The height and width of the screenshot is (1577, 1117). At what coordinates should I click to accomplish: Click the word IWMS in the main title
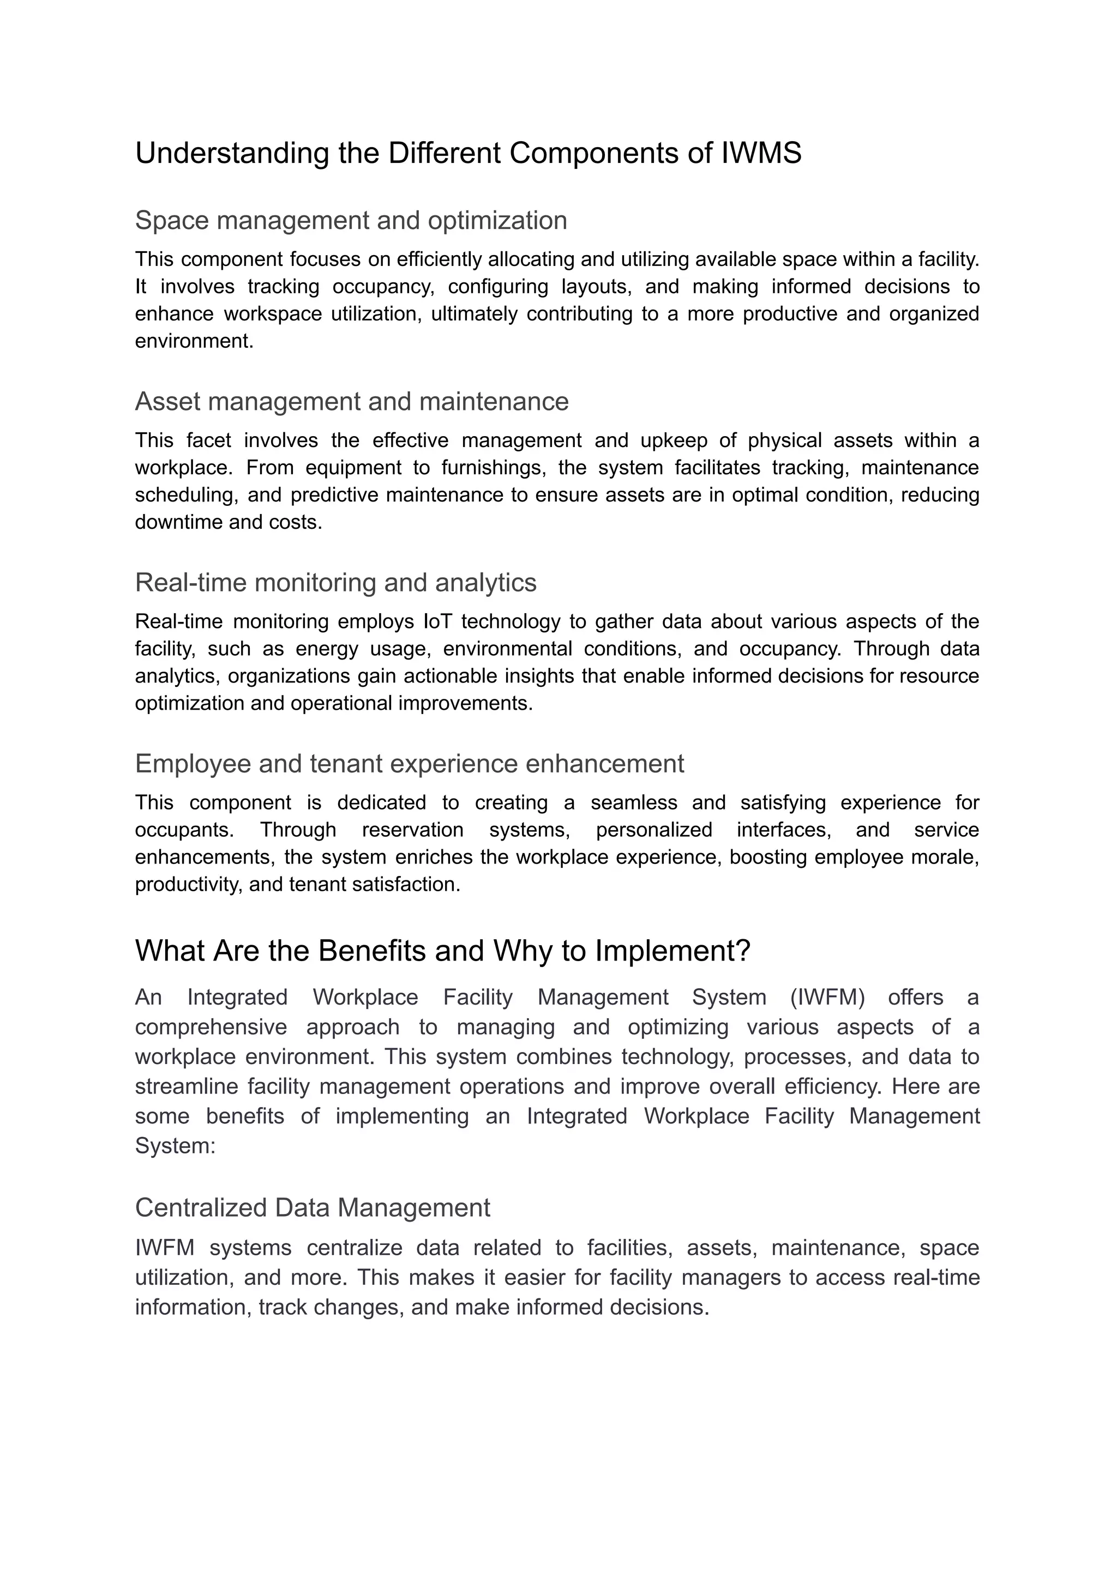tap(761, 153)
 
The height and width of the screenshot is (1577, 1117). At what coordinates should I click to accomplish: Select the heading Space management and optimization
tap(351, 221)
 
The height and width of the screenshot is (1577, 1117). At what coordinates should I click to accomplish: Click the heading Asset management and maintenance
tap(351, 401)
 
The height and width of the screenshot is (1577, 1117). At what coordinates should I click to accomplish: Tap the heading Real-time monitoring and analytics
tap(335, 582)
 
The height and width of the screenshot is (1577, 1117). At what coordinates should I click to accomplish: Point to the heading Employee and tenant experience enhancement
tap(409, 764)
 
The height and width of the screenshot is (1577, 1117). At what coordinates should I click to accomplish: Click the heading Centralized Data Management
tap(313, 1208)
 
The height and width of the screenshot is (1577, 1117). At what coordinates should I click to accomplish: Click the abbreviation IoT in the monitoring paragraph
tap(437, 621)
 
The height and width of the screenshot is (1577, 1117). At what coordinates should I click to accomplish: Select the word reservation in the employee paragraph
tap(413, 830)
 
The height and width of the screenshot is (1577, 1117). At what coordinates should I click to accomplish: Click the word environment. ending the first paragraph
tap(194, 341)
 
